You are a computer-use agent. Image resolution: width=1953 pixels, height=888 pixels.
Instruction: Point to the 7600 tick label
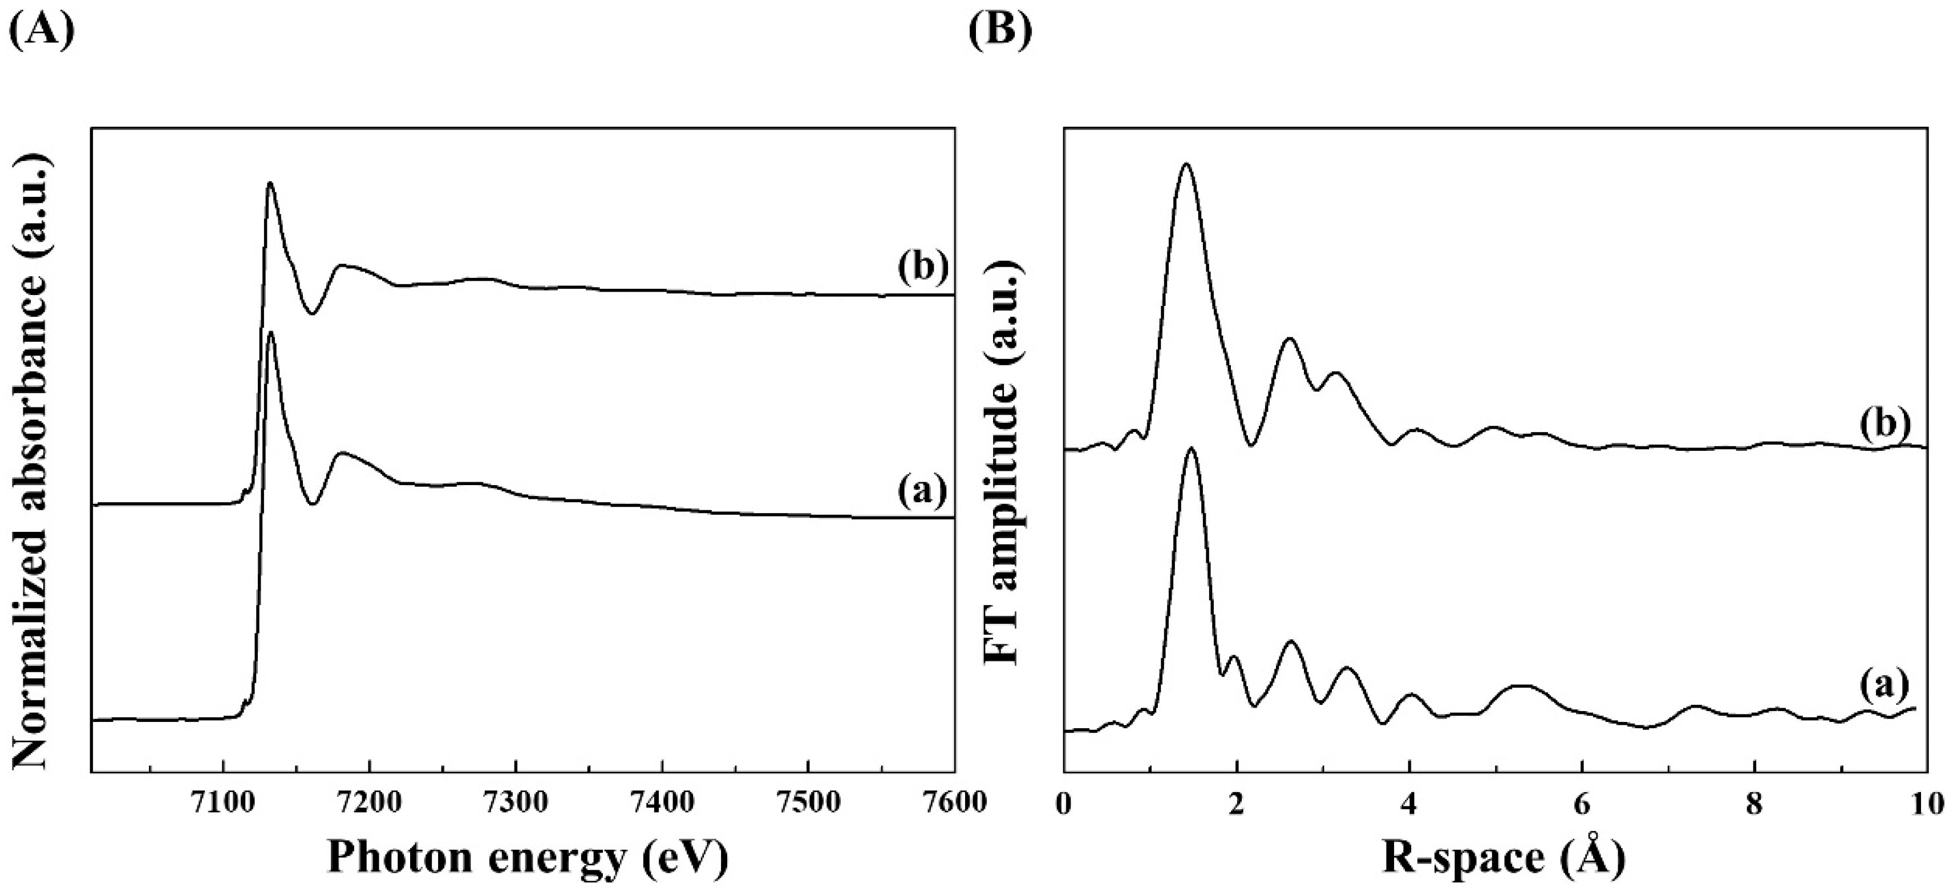954,802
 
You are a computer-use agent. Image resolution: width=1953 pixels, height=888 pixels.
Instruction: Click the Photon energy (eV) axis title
528,858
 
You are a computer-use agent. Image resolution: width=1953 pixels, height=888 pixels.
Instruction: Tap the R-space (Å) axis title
1504,858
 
